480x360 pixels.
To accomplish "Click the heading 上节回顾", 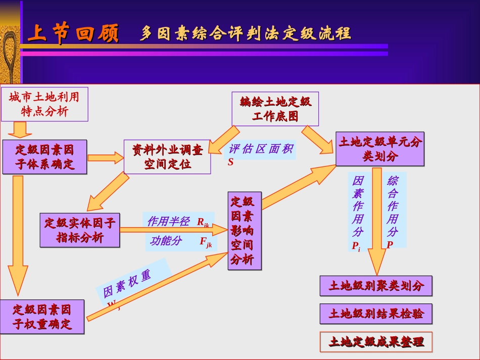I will pyautogui.click(x=73, y=34).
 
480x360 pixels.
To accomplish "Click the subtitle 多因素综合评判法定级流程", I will pyautogui.click(x=245, y=34).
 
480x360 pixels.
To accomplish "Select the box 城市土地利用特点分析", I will pyautogui.click(x=44, y=104).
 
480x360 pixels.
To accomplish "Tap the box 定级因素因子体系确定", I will pyautogui.click(x=44, y=157).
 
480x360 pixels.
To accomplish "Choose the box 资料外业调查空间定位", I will pyautogui.click(x=167, y=157).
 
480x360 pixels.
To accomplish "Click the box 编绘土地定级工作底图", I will pyautogui.click(x=275, y=109).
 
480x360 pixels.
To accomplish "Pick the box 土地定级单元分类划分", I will pyautogui.click(x=380, y=149).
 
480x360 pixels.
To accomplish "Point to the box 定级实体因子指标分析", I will pyautogui.click(x=80, y=230).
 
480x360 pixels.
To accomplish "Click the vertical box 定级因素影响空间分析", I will pyautogui.click(x=245, y=231).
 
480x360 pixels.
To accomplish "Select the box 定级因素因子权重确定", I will pyautogui.click(x=42, y=317).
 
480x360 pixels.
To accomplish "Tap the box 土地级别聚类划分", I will pyautogui.click(x=376, y=286).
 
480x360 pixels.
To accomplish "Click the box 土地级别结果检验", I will pyautogui.click(x=376, y=314).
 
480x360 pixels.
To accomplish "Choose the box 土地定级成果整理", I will pyautogui.click(x=376, y=342).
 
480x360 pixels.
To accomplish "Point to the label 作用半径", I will pyautogui.click(x=169, y=221).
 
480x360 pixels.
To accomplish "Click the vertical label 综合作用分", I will pyautogui.click(x=393, y=211).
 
